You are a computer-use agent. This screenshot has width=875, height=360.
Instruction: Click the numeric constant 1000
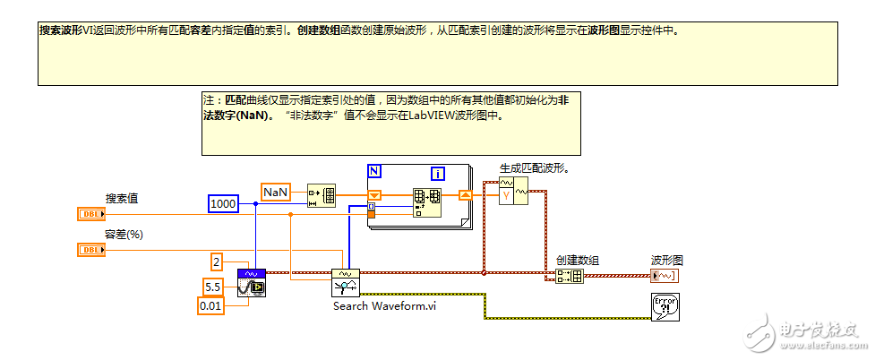pos(223,204)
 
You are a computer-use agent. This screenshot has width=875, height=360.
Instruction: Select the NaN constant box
pos(274,192)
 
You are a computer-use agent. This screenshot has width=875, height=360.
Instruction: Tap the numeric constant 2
pos(217,261)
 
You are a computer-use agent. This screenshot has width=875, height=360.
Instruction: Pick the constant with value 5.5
pos(212,287)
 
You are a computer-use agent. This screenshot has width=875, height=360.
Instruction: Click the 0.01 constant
pos(210,306)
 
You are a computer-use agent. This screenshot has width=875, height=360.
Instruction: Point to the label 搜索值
pos(122,198)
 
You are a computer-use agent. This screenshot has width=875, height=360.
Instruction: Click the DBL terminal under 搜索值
pos(90,214)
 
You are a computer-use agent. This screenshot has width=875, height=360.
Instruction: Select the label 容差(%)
pos(125,235)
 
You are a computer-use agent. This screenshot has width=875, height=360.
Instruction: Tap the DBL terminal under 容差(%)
pos(90,250)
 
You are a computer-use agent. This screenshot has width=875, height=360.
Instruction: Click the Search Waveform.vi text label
pos(384,305)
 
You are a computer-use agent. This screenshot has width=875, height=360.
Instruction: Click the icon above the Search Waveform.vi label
pos(345,281)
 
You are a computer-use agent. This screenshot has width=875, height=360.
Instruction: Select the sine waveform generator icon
pos(252,281)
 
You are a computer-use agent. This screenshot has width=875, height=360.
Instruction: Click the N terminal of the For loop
pos(374,170)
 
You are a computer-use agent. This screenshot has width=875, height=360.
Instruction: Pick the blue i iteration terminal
pos(438,174)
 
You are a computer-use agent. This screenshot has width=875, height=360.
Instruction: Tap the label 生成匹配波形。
pos(535,167)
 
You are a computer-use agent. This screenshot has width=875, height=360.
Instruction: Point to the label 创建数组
pos(577,260)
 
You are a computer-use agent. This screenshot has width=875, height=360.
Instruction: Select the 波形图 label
pos(666,260)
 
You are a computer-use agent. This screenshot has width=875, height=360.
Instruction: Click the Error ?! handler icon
pos(665,306)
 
